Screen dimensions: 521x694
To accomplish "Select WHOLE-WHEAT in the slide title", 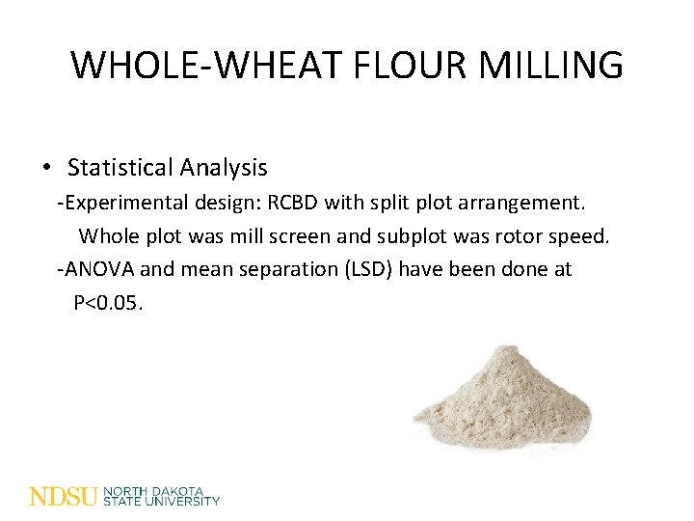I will tap(205, 66).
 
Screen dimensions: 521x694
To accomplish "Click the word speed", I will tap(581, 236).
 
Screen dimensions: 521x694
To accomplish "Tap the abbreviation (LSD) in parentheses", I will tap(368, 269).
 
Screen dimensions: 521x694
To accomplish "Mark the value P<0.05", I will tap(108, 302).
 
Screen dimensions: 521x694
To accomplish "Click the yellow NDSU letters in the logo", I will tap(64, 497).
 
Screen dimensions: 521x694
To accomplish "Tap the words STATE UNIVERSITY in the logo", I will tap(161, 502).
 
